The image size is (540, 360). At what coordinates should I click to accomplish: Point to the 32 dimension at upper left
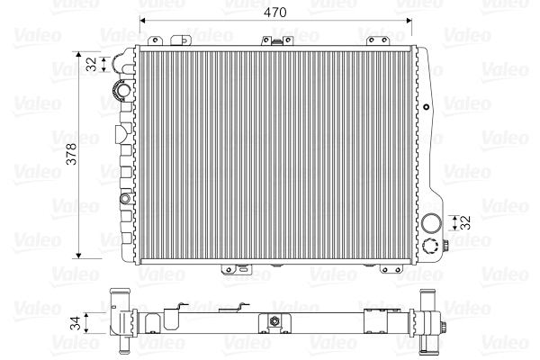(x=91, y=64)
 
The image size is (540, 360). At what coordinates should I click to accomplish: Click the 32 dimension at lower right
(x=466, y=222)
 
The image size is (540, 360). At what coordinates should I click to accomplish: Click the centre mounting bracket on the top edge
(x=269, y=40)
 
